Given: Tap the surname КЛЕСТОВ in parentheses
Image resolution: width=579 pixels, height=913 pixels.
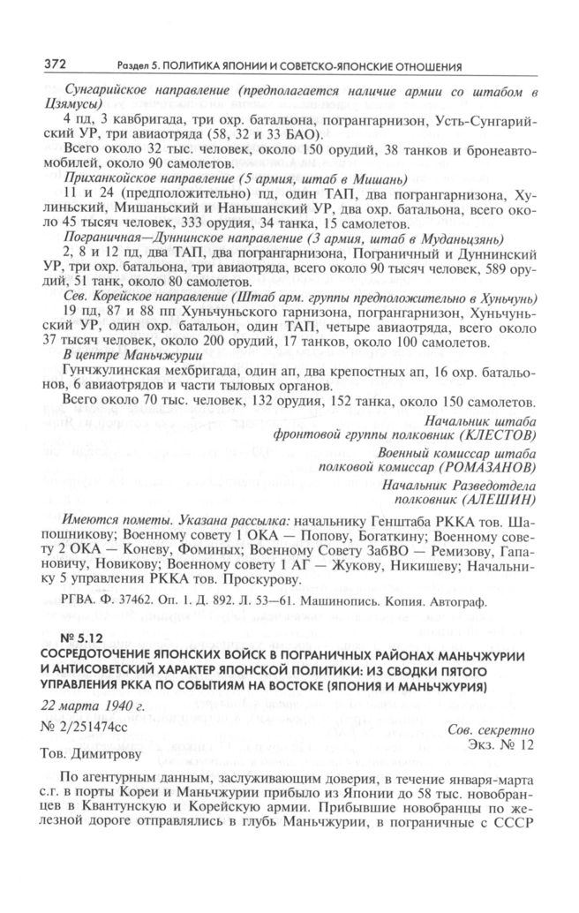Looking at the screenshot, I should click(x=502, y=435).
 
